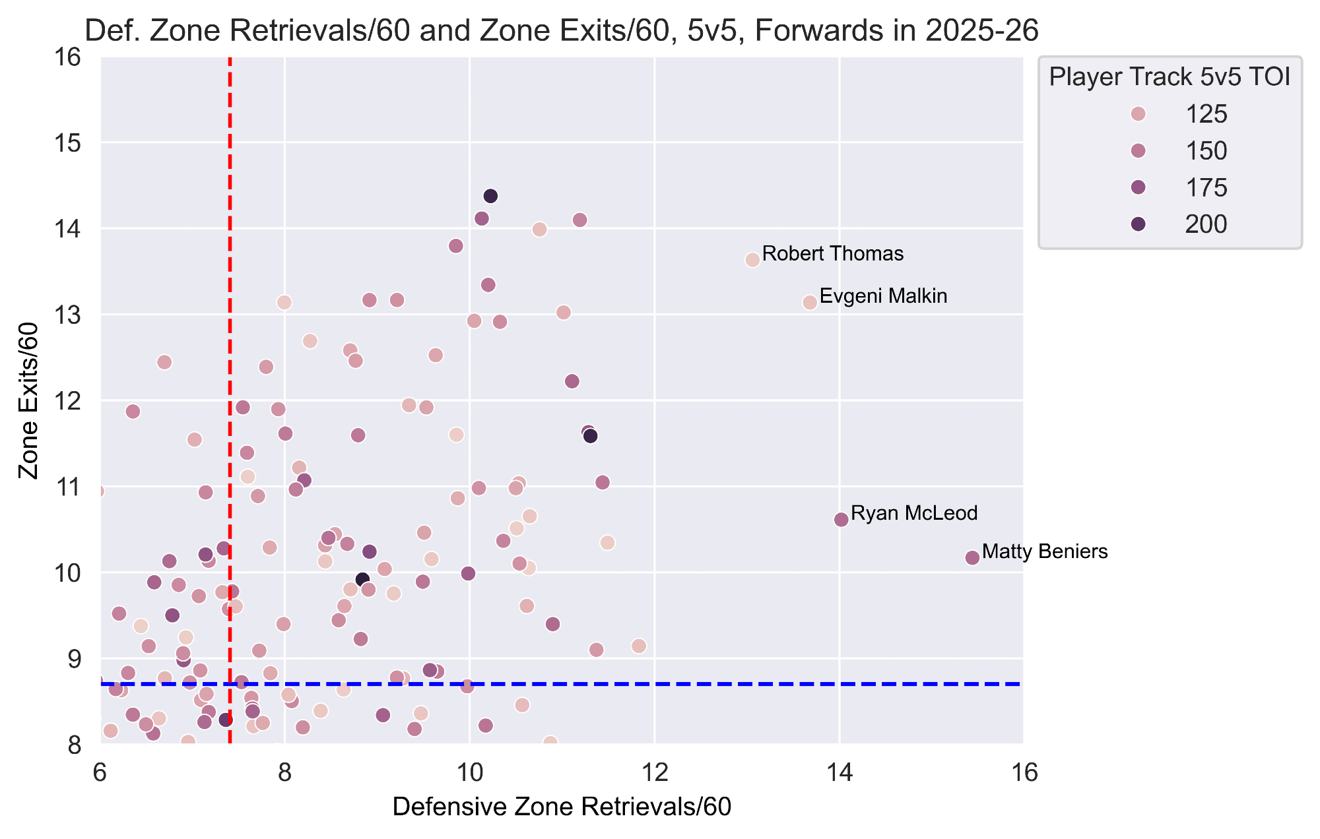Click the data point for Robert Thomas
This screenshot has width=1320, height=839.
pyautogui.click(x=752, y=260)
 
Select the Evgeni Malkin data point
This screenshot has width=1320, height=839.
pyautogui.click(x=810, y=302)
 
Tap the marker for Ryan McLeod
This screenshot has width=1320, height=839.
pyautogui.click(x=841, y=520)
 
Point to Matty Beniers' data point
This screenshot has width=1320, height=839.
pyautogui.click(x=972, y=558)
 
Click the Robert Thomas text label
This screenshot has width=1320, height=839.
pyautogui.click(x=832, y=254)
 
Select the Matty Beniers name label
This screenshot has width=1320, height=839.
pyautogui.click(x=1044, y=552)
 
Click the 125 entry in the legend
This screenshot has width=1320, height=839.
pyautogui.click(x=1206, y=114)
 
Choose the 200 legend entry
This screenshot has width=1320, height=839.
pyautogui.click(x=1206, y=224)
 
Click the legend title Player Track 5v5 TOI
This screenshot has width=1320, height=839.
pyautogui.click(x=1170, y=77)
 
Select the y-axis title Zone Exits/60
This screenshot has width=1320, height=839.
pyautogui.click(x=28, y=400)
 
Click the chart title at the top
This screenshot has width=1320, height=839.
pyautogui.click(x=562, y=31)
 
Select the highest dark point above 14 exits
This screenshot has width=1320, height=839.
pyautogui.click(x=490, y=196)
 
